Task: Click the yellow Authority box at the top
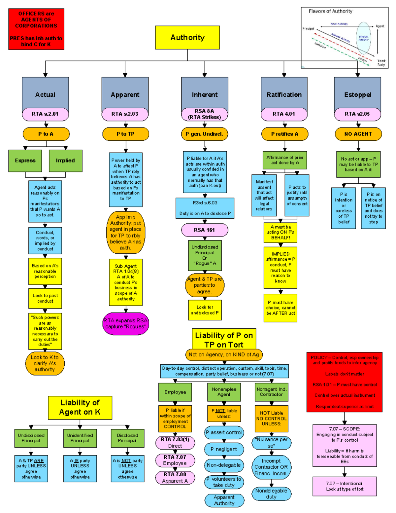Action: click(x=187, y=38)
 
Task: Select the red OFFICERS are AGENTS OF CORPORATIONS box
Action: click(x=36, y=29)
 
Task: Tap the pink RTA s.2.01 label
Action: click(x=45, y=114)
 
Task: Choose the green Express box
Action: click(x=25, y=161)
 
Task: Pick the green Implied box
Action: click(x=65, y=161)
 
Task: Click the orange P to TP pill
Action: click(x=125, y=134)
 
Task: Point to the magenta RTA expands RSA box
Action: click(x=125, y=324)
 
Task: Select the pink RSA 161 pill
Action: click(x=204, y=230)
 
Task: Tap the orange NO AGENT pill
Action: click(x=358, y=134)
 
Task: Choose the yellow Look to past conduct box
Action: click(x=45, y=298)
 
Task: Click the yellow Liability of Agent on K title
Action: click(x=80, y=407)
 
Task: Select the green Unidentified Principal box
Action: click(x=80, y=438)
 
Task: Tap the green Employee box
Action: click(x=175, y=392)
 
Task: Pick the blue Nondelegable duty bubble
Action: click(x=271, y=494)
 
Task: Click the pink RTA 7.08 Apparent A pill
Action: click(x=175, y=478)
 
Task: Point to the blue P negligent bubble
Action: click(x=224, y=449)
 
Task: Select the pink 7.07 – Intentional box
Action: click(x=345, y=486)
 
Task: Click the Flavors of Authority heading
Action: click(x=330, y=11)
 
